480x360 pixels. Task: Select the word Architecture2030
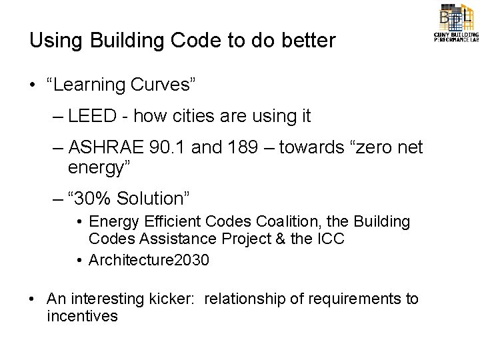[149, 260]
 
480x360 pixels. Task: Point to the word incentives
[82, 315]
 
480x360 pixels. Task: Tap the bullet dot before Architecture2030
[79, 260]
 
